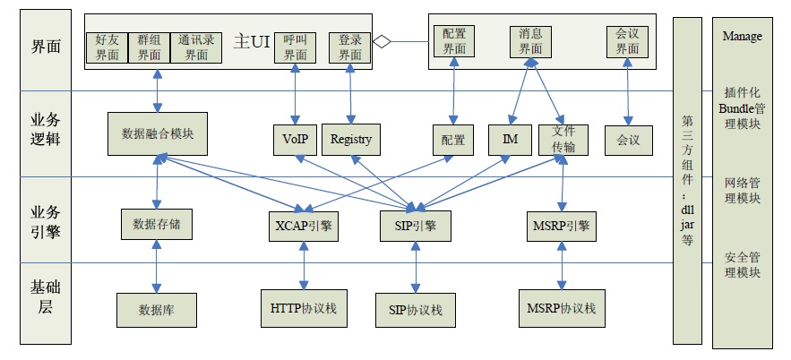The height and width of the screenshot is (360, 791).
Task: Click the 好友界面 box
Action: click(x=107, y=47)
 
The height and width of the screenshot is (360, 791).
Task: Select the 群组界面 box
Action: click(x=148, y=47)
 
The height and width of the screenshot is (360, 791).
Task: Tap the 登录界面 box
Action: click(x=349, y=47)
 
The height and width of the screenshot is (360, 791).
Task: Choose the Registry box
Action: click(x=350, y=139)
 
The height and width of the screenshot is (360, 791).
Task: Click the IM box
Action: click(x=511, y=140)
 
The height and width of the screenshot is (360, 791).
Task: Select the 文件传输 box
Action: click(x=563, y=139)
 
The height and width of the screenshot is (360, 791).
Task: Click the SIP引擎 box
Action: click(x=415, y=226)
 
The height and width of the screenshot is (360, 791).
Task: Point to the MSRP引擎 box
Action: click(x=563, y=226)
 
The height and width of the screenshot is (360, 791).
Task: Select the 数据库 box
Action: click(x=157, y=310)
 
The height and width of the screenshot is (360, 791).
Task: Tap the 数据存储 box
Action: click(x=157, y=224)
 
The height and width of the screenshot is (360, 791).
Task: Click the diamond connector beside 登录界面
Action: click(x=383, y=40)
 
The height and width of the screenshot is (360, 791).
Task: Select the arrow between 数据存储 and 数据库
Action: click(x=158, y=266)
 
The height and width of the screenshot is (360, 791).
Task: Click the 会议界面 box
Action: click(x=628, y=42)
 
